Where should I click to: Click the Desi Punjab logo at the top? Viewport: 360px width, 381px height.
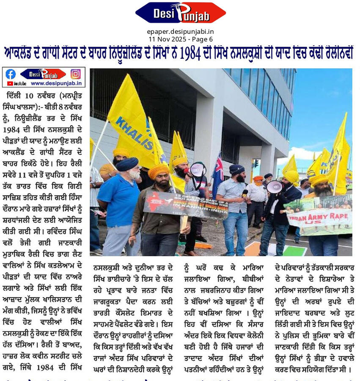point(181,13)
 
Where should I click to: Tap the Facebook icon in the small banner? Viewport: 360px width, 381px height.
point(11,74)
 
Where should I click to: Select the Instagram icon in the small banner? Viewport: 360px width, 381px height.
point(75,74)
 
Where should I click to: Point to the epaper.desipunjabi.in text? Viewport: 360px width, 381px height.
point(180,31)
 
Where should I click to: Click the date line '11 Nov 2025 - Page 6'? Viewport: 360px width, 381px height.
point(180,39)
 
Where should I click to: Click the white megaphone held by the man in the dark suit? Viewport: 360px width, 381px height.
point(274,187)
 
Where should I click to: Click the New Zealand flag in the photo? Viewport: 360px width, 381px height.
point(217,174)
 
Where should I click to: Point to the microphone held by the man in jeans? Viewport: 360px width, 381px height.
point(245,193)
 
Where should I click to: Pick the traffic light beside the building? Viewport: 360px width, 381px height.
point(256,163)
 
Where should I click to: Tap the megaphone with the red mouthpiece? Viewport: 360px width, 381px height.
point(197,169)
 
